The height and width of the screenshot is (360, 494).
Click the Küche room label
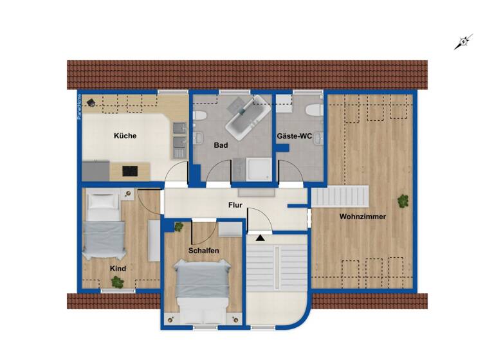[x=125, y=136]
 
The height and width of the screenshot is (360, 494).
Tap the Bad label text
[x=221, y=146]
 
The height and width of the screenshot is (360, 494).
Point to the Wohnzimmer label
[x=363, y=217]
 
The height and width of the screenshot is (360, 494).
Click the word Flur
[x=235, y=206]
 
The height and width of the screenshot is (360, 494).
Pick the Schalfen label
[x=204, y=250]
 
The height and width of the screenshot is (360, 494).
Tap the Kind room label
[x=118, y=269]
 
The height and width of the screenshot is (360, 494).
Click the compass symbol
[x=463, y=42]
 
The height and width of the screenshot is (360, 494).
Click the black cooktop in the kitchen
[x=131, y=171]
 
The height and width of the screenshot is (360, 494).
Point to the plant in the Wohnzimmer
[x=403, y=201]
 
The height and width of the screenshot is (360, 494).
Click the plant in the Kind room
[x=117, y=281]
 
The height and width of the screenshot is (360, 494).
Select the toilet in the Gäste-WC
[x=314, y=110]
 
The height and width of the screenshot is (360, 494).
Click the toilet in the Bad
[x=199, y=115]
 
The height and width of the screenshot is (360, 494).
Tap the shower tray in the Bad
[x=259, y=170]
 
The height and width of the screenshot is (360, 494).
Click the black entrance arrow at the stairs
[x=260, y=238]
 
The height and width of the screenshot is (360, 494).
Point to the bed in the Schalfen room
[x=202, y=291]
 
